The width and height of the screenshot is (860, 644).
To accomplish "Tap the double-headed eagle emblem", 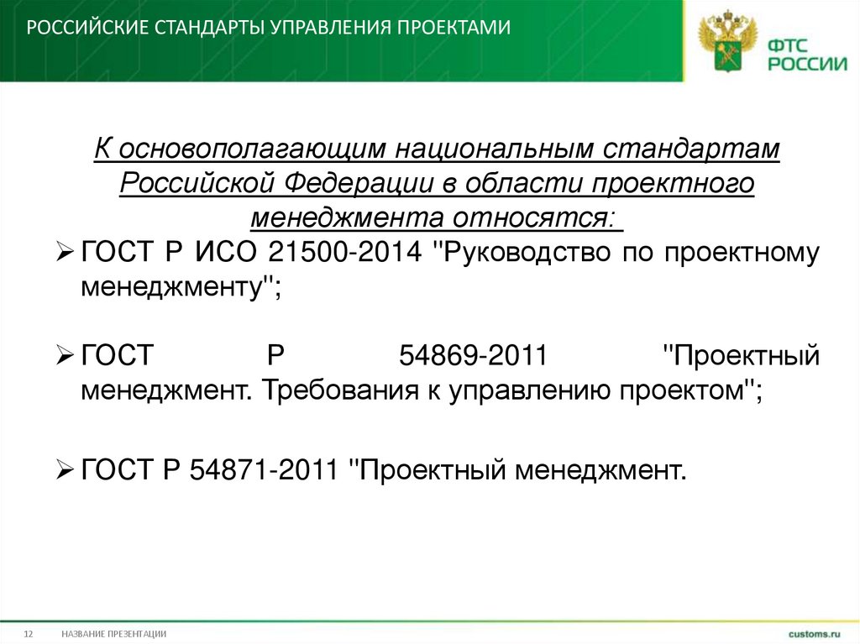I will [x=724, y=40].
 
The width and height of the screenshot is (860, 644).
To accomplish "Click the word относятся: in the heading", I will [x=537, y=217].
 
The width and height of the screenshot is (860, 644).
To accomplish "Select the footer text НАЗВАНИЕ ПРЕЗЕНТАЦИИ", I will [x=113, y=633].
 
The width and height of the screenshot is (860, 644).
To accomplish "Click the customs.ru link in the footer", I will [x=813, y=632].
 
